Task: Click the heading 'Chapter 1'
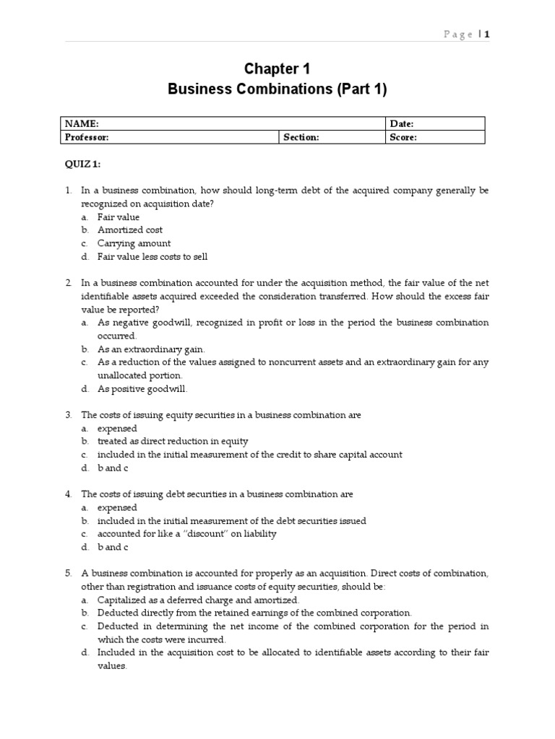click(277, 69)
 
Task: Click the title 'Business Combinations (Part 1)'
click(277, 89)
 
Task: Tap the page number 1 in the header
click(487, 34)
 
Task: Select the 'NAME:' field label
click(82, 124)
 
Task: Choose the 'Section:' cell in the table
click(301, 137)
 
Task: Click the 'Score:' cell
click(403, 137)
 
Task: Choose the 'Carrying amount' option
click(134, 243)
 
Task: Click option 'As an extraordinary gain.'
click(151, 349)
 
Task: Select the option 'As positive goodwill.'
click(142, 389)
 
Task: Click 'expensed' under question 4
click(117, 507)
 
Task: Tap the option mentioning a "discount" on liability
click(187, 534)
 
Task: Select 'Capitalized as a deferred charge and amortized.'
click(198, 600)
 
